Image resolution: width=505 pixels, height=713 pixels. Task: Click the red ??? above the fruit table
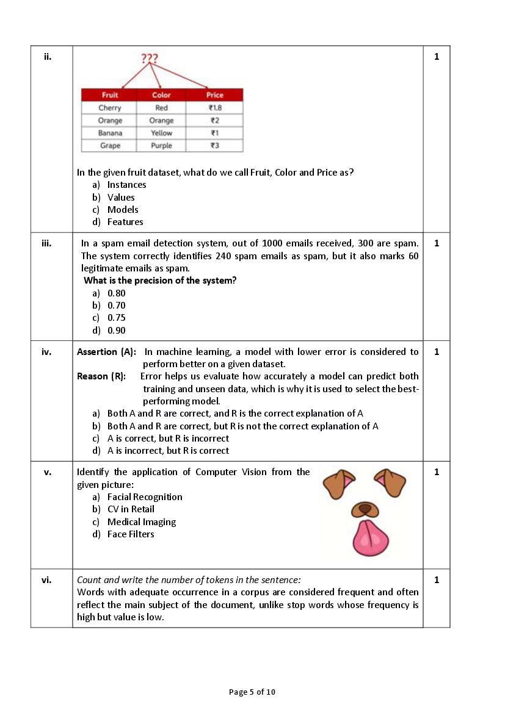click(x=150, y=59)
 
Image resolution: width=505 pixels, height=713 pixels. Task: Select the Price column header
click(x=215, y=95)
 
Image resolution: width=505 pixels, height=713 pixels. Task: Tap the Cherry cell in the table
click(x=110, y=108)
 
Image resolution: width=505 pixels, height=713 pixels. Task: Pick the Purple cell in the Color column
click(x=161, y=146)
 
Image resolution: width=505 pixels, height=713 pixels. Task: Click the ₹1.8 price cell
click(x=215, y=108)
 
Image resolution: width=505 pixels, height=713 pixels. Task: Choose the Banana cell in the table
click(x=110, y=133)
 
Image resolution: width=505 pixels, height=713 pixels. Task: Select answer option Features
click(x=125, y=222)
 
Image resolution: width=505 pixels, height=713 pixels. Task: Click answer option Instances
click(x=126, y=185)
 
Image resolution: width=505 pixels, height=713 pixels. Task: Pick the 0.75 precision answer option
click(x=117, y=318)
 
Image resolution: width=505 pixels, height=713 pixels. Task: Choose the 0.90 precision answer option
click(x=117, y=331)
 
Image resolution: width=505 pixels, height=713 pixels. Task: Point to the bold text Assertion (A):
click(x=107, y=352)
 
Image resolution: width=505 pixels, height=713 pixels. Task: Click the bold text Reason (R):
click(x=101, y=376)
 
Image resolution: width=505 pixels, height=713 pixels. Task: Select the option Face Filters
click(x=131, y=534)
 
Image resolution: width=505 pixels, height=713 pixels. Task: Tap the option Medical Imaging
click(x=142, y=522)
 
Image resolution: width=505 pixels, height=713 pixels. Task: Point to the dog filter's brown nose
click(x=365, y=508)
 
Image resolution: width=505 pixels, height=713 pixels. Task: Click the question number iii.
click(x=46, y=243)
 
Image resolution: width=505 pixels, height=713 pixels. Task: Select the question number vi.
click(x=46, y=580)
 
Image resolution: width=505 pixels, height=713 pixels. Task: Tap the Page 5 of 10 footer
click(x=252, y=692)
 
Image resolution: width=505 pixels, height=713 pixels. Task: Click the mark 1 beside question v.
click(x=437, y=472)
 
